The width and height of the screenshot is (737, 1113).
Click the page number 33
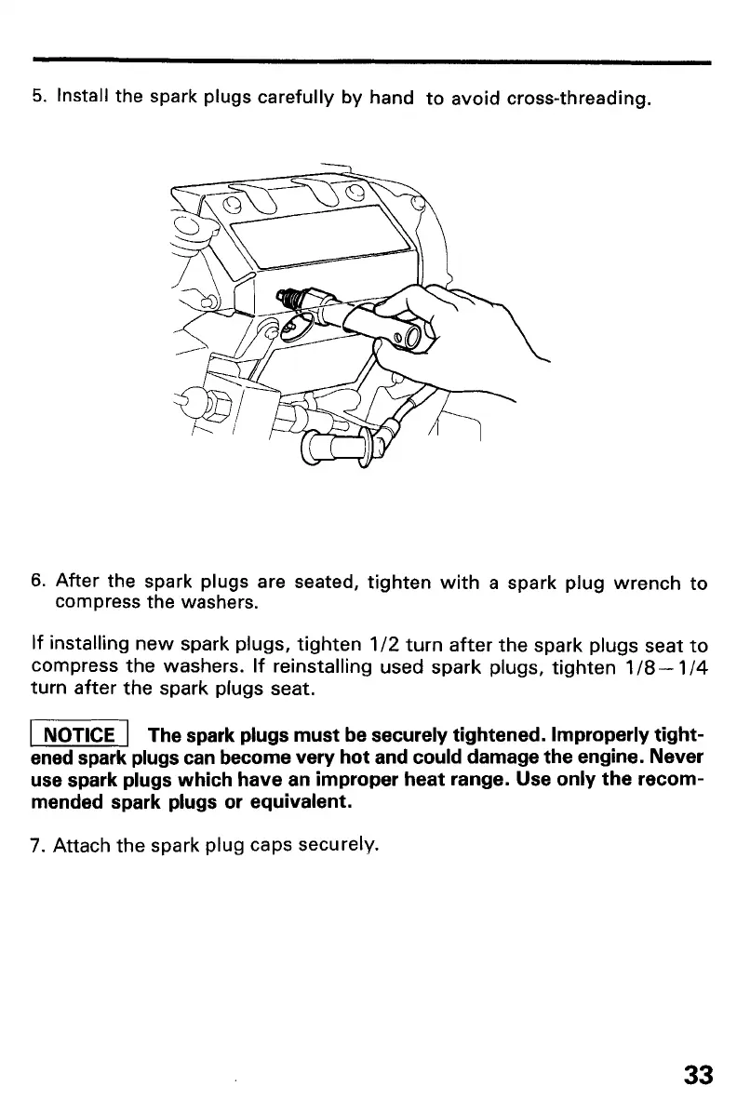tap(698, 1075)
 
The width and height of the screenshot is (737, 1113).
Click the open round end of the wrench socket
tap(408, 336)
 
